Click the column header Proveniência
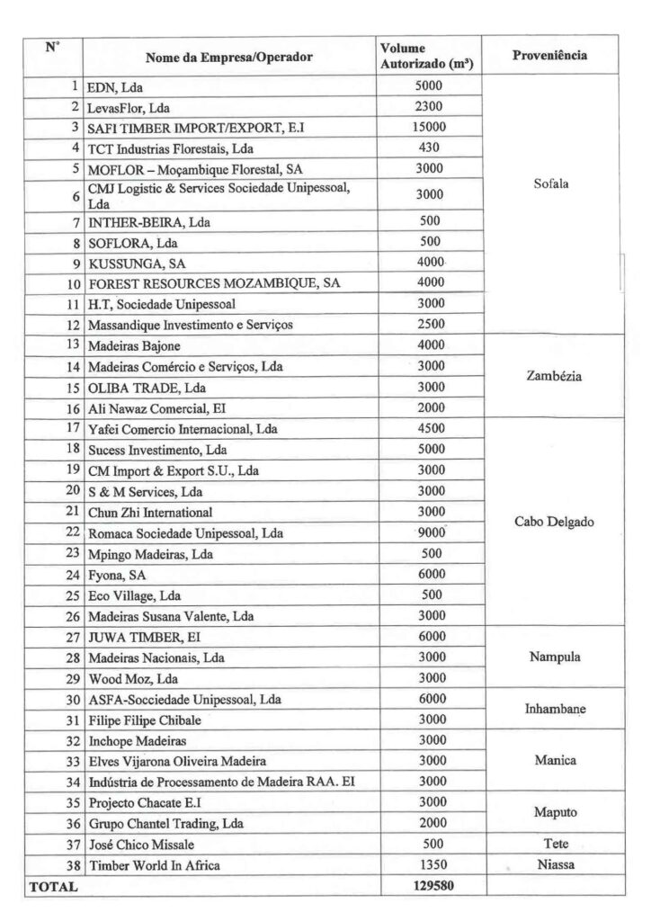[550, 56]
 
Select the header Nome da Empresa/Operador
[229, 57]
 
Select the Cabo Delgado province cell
[550, 522]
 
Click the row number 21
[71, 511]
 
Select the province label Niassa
[550, 865]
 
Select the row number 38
[71, 866]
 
